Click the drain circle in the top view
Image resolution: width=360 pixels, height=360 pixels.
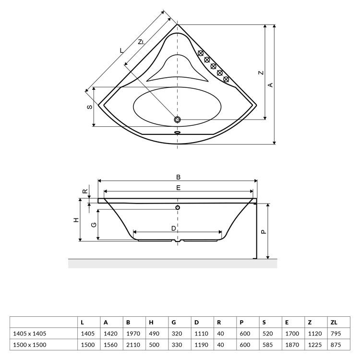177,120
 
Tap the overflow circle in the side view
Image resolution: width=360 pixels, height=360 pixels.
178,207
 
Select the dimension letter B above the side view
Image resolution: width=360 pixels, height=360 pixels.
178,177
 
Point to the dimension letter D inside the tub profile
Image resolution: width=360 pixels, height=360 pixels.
174,228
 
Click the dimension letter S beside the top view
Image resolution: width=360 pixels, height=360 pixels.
90,107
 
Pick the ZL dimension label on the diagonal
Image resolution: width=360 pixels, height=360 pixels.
141,42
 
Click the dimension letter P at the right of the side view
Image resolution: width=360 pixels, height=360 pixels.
264,232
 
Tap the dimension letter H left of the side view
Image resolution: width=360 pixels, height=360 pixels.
76,220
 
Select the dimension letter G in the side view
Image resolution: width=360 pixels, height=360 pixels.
94,225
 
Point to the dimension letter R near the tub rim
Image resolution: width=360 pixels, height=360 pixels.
85,191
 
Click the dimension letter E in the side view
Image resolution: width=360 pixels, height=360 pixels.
178,188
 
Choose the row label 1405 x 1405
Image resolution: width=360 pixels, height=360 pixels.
30,334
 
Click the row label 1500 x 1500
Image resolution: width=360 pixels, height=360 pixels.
30,345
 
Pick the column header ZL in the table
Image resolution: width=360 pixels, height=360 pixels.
334,323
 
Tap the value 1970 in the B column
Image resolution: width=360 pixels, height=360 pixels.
133,334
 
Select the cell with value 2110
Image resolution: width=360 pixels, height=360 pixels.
133,345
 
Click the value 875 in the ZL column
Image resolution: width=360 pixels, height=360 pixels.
336,345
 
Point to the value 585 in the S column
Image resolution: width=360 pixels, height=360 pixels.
268,345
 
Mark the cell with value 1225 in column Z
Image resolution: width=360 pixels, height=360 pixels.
315,345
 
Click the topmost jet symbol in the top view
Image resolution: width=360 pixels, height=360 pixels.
201,53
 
